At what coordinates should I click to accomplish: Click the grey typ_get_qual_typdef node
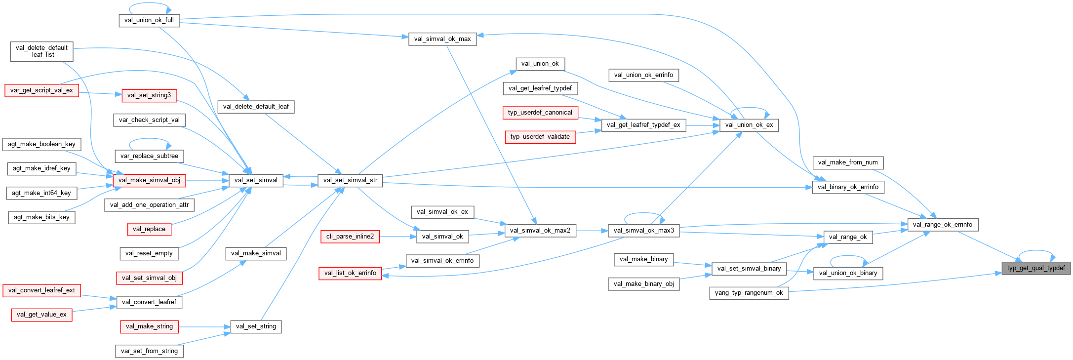(x=1035, y=268)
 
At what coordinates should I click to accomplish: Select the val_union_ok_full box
(x=149, y=20)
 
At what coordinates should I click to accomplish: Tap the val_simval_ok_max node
(x=442, y=39)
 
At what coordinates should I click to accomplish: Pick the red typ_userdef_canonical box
(x=540, y=113)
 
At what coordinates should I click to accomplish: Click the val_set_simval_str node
(x=350, y=180)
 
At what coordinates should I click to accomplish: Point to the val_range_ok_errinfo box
(x=942, y=225)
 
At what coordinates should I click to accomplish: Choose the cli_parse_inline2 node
(x=350, y=237)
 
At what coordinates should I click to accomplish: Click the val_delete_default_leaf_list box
(x=41, y=51)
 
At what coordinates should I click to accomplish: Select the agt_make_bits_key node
(x=41, y=217)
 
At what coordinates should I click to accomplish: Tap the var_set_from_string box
(x=149, y=351)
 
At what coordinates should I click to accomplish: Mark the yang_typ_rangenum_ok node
(x=749, y=293)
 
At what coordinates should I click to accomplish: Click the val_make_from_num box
(x=847, y=162)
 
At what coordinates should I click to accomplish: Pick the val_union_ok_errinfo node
(x=643, y=75)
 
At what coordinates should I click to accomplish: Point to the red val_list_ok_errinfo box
(x=350, y=273)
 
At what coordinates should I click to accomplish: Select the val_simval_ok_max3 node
(x=643, y=231)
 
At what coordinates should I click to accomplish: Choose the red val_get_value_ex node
(x=41, y=315)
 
